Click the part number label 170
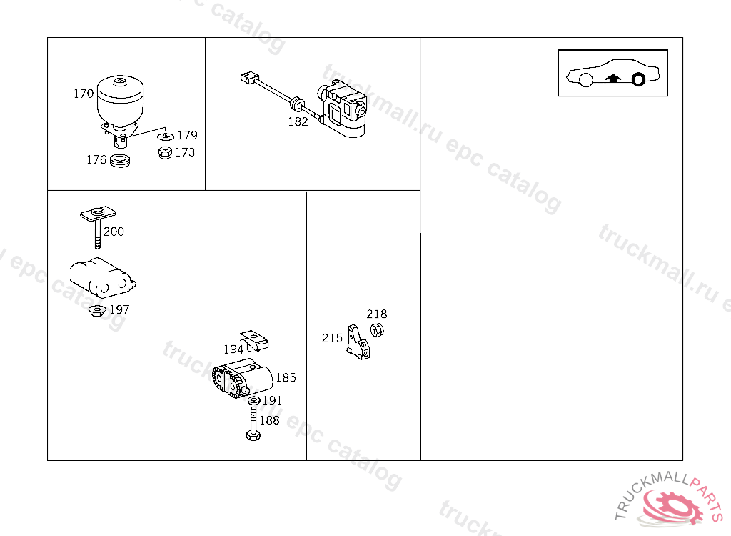[x=84, y=94]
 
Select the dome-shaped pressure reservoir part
[x=120, y=100]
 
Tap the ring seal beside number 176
[x=120, y=161]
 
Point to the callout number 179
[x=188, y=135]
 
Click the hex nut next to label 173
[x=165, y=153]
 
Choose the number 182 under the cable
[x=298, y=122]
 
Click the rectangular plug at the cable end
[x=249, y=77]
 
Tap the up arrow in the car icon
[x=613, y=79]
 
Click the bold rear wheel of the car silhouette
[x=638, y=80]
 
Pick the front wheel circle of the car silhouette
[x=586, y=80]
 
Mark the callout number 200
[x=114, y=232]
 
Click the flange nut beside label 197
[x=97, y=310]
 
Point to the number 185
[x=286, y=377]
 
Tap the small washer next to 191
[x=254, y=401]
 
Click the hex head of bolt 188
[x=253, y=436]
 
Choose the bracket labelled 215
[x=358, y=342]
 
